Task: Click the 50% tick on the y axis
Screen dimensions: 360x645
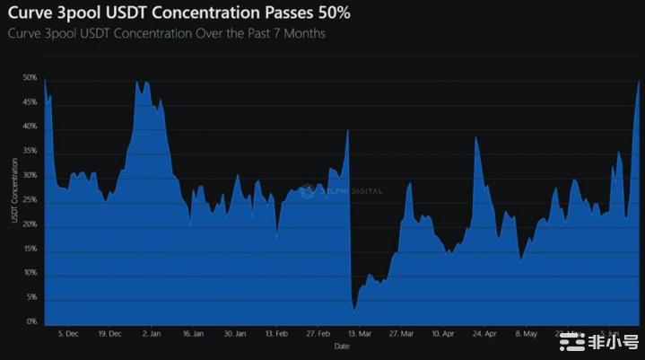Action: [30, 78]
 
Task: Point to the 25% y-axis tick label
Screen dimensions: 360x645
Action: [30, 199]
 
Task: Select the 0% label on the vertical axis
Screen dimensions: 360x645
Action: [31, 321]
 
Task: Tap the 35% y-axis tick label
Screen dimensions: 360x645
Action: [30, 151]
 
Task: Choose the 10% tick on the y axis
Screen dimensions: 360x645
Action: [30, 273]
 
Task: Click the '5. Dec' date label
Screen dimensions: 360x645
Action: [67, 334]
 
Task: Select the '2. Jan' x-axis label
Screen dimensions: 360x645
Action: [151, 334]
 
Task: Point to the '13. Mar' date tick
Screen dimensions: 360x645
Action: [359, 334]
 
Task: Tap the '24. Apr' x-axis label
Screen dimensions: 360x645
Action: [484, 334]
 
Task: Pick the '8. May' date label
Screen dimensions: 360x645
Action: [527, 334]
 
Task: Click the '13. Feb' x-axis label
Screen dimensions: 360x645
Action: [275, 334]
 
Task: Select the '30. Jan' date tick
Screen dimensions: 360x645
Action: [234, 334]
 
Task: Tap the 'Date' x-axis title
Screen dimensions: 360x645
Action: [342, 346]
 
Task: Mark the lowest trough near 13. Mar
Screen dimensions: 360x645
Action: [355, 310]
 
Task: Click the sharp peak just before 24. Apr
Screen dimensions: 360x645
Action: [476, 137]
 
